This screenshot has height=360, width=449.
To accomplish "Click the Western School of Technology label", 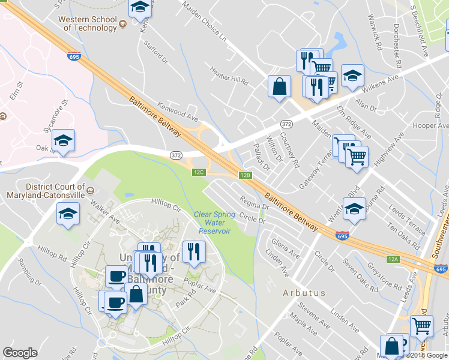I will point(87,23).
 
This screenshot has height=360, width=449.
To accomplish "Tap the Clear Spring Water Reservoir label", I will point(212,223).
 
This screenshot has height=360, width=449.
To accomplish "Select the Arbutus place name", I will point(304,293).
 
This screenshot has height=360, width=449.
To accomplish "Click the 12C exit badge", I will point(199,172).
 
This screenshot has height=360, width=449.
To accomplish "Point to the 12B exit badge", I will point(244,175).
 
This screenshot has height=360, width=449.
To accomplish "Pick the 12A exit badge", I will point(393,259).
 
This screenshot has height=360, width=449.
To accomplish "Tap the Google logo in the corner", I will point(20,353).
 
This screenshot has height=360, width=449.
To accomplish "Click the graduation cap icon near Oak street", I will point(63,140).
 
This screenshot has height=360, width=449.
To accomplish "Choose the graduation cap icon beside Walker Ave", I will point(68,213).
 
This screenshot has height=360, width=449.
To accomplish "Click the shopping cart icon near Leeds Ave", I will point(421,326).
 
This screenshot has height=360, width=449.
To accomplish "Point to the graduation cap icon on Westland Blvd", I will point(354,209).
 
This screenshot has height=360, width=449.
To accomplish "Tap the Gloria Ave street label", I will point(285,246).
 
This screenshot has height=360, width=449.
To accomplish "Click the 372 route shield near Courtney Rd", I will point(286,123).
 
